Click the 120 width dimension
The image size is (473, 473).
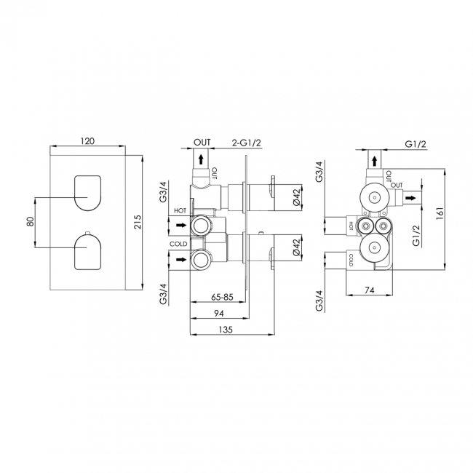pyautogui.click(x=88, y=141)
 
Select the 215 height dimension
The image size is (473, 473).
pyautogui.click(x=138, y=222)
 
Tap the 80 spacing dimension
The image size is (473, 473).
pyautogui.click(x=30, y=222)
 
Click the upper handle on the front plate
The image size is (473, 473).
pyautogui.click(x=87, y=193)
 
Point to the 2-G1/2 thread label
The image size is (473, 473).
pyautogui.click(x=246, y=143)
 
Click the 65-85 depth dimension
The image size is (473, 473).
pyautogui.click(x=223, y=297)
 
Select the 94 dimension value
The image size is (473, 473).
pyautogui.click(x=219, y=314)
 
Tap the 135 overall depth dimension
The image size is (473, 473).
pyautogui.click(x=226, y=330)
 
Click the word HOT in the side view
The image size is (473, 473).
pyautogui.click(x=180, y=211)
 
